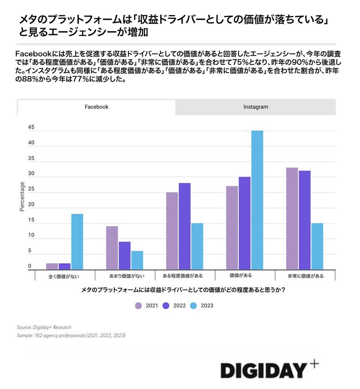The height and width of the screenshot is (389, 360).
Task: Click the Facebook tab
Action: pyautogui.click(x=96, y=107)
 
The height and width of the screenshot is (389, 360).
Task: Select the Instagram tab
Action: pyautogui.click(x=256, y=107)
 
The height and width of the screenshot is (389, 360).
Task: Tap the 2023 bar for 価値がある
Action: pyautogui.click(x=257, y=200)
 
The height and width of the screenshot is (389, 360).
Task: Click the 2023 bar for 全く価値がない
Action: pyautogui.click(x=77, y=242)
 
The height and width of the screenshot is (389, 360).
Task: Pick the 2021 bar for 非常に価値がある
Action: pyautogui.click(x=292, y=218)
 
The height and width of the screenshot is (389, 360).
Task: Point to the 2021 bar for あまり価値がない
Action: pyautogui.click(x=112, y=248)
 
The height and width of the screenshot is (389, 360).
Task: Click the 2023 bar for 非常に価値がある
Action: pyautogui.click(x=317, y=246)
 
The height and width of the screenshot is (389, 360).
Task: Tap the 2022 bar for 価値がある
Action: pyautogui.click(x=245, y=223)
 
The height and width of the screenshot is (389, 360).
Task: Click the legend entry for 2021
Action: pyautogui.click(x=147, y=306)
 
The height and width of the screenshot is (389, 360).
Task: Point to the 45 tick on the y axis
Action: pyautogui.click(x=31, y=127)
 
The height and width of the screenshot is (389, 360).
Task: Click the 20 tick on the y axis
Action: pyautogui.click(x=31, y=205)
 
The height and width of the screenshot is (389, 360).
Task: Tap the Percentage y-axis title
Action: pyautogui.click(x=22, y=196)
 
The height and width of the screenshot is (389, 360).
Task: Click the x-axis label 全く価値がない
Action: pyautogui.click(x=64, y=276)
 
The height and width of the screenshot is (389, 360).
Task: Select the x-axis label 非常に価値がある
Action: pyautogui.click(x=306, y=276)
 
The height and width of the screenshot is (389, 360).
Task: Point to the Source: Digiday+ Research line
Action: pyautogui.click(x=44, y=327)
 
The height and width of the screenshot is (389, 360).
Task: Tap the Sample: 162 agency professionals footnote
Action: pyautogui.click(x=71, y=336)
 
